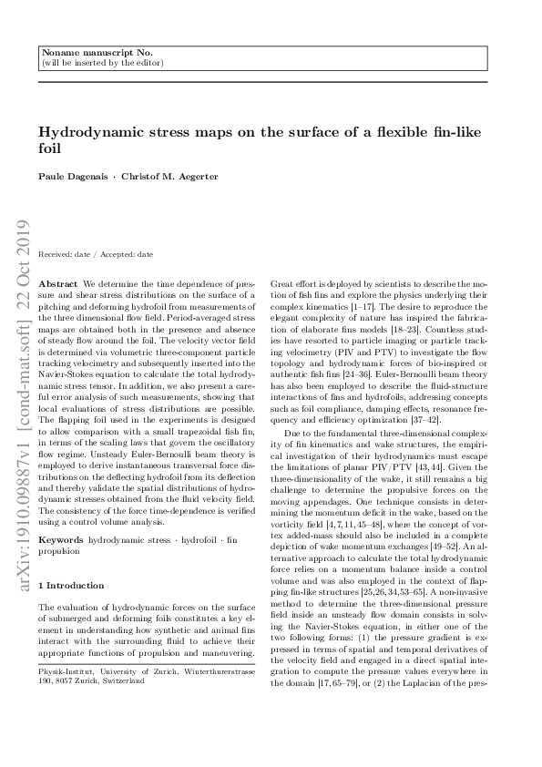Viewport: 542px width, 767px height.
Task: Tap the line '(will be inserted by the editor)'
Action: (x=102, y=64)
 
